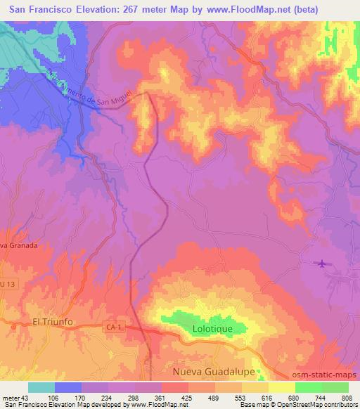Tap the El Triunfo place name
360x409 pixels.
[53, 322]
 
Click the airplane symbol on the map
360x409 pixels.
[322, 264]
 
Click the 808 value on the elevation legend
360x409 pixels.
[345, 397]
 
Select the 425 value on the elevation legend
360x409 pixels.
[186, 397]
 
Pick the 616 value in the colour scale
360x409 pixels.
[266, 397]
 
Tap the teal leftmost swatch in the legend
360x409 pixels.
[41, 387]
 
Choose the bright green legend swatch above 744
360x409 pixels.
[309, 387]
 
